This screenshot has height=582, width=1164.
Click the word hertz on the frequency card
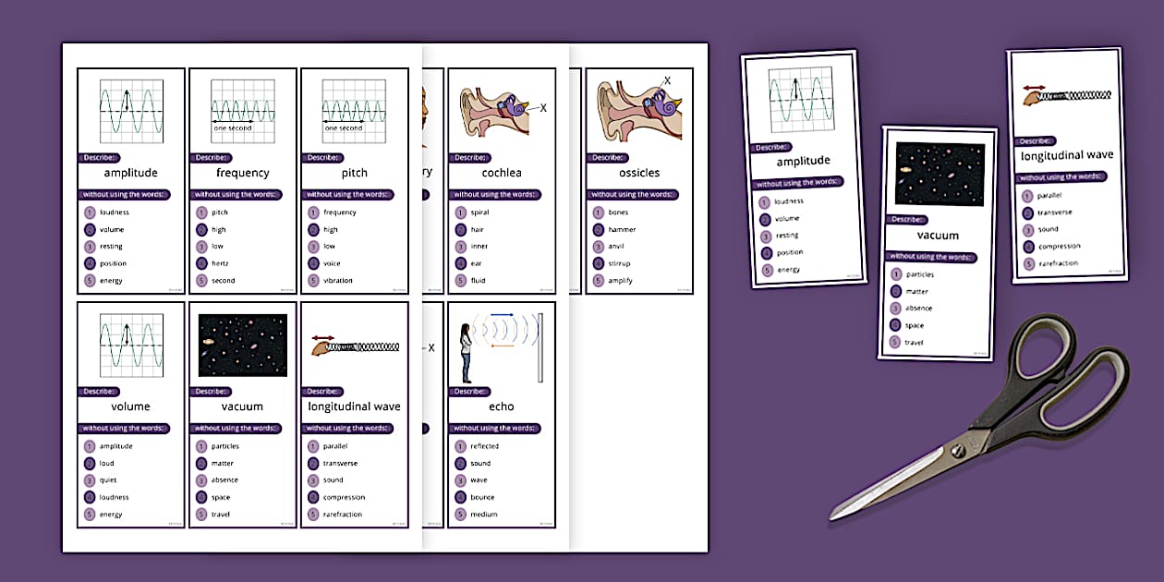coord(220,263)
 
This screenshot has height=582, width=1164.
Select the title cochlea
coord(501,173)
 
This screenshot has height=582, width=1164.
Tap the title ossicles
coord(639,173)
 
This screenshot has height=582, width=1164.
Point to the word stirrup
coord(621,263)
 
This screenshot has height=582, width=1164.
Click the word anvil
coord(616,247)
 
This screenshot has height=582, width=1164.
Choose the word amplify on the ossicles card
coord(621,281)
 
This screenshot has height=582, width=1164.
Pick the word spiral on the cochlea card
coord(479,212)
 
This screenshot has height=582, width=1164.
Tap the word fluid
coord(478,281)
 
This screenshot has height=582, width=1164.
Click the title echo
coord(501,406)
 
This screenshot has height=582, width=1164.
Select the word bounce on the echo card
coord(483,497)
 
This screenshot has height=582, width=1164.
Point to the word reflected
coord(484,446)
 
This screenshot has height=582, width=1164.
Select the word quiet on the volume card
coord(108,480)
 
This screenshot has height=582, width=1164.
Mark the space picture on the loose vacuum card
coord(940,175)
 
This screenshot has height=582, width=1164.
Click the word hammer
coord(622,229)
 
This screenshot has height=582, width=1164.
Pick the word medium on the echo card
coord(484,515)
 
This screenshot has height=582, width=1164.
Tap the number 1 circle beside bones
coord(597,212)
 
